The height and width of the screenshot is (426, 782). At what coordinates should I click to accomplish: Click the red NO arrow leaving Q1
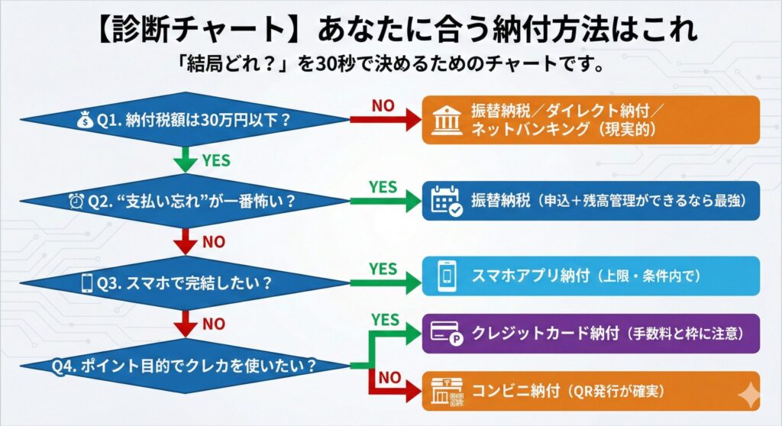(386, 119)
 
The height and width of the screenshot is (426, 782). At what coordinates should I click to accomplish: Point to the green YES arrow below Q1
(184, 160)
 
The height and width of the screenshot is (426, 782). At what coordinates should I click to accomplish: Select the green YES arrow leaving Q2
(386, 201)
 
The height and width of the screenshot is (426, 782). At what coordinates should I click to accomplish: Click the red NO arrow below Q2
(184, 242)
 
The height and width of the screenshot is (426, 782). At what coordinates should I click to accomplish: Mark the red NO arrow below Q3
(184, 324)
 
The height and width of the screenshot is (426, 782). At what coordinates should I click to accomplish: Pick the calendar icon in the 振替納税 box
(447, 200)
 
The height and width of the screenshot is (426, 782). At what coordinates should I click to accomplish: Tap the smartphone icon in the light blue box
(445, 276)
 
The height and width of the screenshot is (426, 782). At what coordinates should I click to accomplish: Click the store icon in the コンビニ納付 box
(447, 392)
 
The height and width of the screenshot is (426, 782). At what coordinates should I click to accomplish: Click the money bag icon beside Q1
(84, 119)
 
